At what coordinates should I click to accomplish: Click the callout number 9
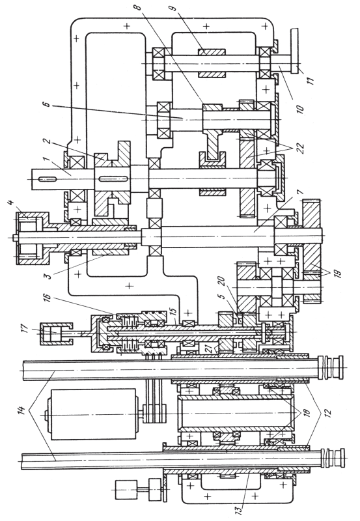[180, 14]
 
